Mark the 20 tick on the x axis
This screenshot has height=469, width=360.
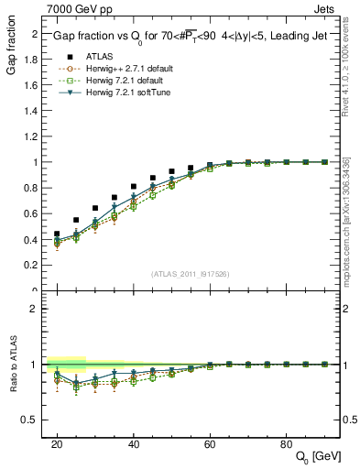click(57, 443)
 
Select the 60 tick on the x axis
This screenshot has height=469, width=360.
click(210, 443)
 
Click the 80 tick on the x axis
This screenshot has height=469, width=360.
click(286, 443)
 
